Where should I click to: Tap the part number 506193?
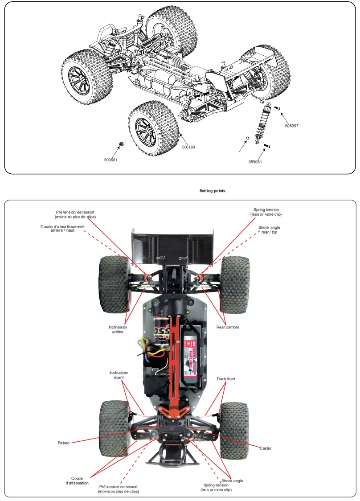(188, 147)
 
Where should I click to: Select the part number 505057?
(291, 126)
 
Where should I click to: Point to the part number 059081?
(255, 162)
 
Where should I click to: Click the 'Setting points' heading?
(212, 191)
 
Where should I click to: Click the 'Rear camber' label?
(228, 327)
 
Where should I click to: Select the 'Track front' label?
(225, 379)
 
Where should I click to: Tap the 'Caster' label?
(265, 448)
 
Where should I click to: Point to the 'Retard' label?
(64, 443)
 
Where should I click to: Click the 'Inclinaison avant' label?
(119, 375)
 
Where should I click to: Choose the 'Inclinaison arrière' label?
(118, 329)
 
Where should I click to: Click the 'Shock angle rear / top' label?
(269, 230)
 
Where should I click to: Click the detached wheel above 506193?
(154, 130)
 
